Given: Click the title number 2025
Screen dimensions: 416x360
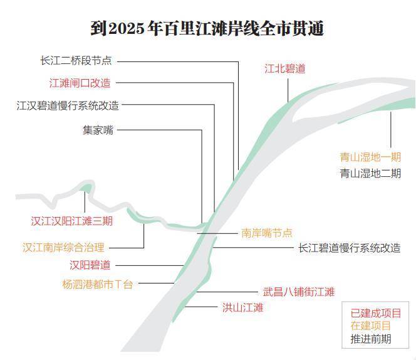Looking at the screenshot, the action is pyautogui.click(x=126, y=28).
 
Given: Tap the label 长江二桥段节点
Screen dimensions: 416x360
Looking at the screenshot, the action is pyautogui.click(x=76, y=61).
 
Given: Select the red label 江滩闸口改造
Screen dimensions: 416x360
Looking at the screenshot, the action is pyautogui.click(x=80, y=83).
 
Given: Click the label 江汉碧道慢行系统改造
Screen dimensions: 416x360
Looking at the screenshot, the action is pyautogui.click(x=68, y=105).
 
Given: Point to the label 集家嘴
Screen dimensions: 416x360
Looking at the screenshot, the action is pyautogui.click(x=98, y=130).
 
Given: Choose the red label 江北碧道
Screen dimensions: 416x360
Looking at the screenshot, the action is pyautogui.click(x=284, y=68).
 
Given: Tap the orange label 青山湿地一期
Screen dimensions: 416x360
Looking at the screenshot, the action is pyautogui.click(x=370, y=157).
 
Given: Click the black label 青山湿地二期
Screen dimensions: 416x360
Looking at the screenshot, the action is pyautogui.click(x=370, y=173).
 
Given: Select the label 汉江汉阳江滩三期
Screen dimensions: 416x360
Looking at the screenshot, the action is pyautogui.click(x=72, y=221).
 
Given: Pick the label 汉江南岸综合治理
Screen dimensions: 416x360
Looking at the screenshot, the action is pyautogui.click(x=63, y=247).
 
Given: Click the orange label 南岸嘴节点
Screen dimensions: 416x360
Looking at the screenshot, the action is pyautogui.click(x=267, y=233).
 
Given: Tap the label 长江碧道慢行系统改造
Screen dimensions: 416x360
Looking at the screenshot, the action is pyautogui.click(x=350, y=248).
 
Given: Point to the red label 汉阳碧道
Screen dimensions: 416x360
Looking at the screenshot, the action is pyautogui.click(x=90, y=265).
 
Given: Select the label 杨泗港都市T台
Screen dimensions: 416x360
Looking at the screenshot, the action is pyautogui.click(x=97, y=284).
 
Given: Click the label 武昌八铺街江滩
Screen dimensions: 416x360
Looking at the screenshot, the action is pyautogui.click(x=299, y=292).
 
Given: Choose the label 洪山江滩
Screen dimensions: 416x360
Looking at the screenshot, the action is pyautogui.click(x=242, y=308).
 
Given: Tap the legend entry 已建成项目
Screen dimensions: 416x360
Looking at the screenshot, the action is pyautogui.click(x=376, y=313).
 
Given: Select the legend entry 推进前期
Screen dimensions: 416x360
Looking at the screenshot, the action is pyautogui.click(x=371, y=339).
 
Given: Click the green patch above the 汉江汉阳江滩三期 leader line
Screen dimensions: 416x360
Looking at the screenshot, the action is pyautogui.click(x=86, y=188).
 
